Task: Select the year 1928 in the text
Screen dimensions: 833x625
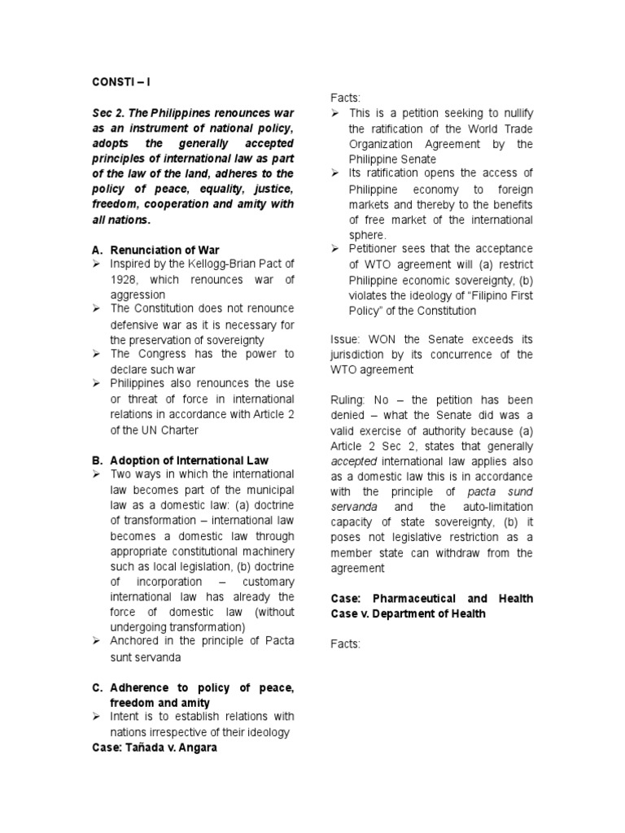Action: [x=125, y=280]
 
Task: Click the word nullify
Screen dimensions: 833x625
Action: [x=514, y=114]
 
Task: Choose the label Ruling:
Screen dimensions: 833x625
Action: [x=350, y=400]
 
